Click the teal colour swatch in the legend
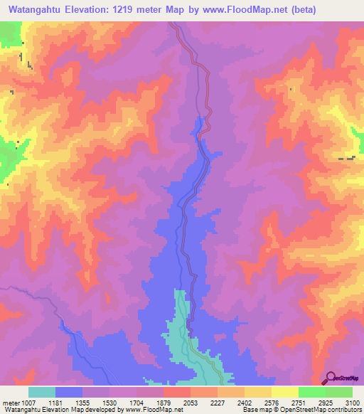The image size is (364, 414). (x=42, y=392)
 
